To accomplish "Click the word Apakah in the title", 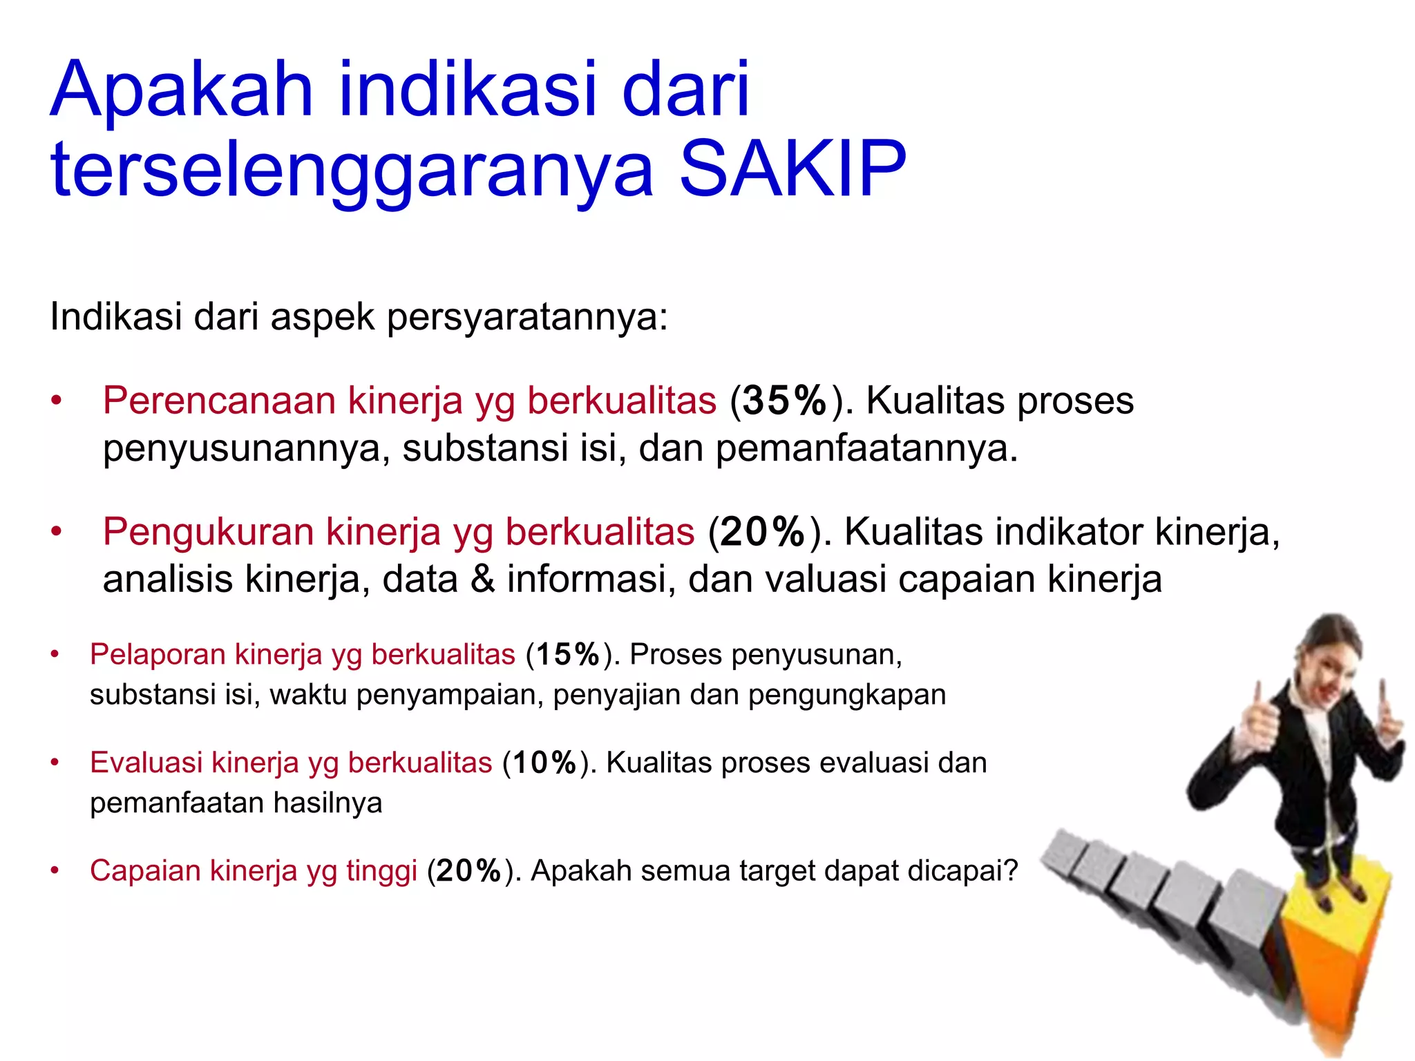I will point(181,90).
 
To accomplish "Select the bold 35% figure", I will point(784,401).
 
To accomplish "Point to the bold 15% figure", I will point(568,655).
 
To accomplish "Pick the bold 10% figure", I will point(544,763).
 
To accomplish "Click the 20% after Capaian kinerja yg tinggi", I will point(468,871).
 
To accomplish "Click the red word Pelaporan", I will point(157,654).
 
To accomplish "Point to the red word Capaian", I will point(145,870).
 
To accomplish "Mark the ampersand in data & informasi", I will point(482,579).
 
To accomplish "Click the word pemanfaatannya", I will point(866,449).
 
